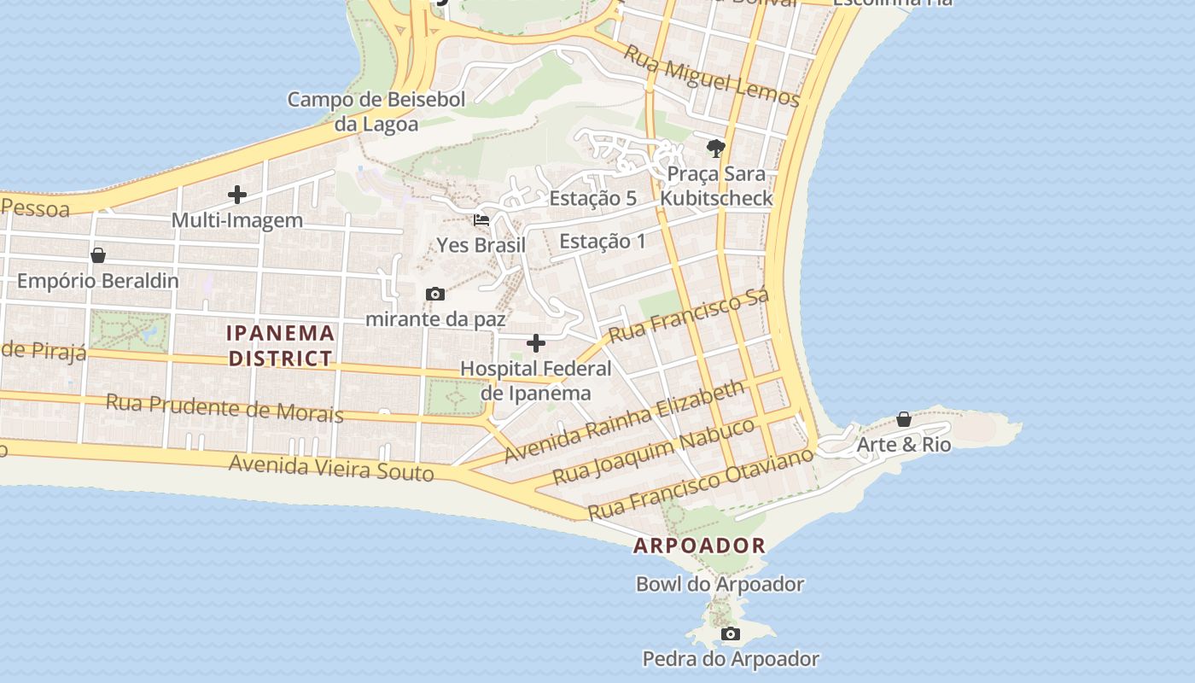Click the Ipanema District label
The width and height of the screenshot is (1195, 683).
click(x=281, y=345)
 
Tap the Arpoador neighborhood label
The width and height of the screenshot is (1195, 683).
click(x=699, y=546)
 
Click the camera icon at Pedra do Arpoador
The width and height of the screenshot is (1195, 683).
click(x=730, y=633)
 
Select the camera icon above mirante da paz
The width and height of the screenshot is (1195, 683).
click(x=435, y=295)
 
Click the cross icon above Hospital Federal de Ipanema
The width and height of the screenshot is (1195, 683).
click(x=536, y=343)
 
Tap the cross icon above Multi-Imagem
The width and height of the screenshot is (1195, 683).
click(x=237, y=195)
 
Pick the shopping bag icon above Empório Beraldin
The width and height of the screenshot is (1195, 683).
click(x=98, y=255)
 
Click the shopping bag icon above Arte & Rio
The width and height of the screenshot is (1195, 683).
click(x=903, y=419)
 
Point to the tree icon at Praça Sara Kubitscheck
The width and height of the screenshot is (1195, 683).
click(x=716, y=149)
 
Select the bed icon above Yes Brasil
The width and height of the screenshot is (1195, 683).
click(x=481, y=220)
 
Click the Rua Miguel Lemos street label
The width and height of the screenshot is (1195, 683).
click(x=711, y=77)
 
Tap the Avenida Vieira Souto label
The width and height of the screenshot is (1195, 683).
click(x=331, y=467)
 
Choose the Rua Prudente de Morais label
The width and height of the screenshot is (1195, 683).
click(x=224, y=408)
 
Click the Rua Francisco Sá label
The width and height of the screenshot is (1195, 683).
click(x=689, y=314)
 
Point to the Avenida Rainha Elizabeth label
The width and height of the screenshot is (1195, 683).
click(x=624, y=423)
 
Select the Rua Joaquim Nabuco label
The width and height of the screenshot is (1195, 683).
click(x=655, y=451)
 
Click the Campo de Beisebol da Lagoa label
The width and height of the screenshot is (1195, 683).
click(x=376, y=112)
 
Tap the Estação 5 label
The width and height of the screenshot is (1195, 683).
click(x=592, y=198)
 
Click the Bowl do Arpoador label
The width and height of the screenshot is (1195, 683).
click(x=720, y=585)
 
